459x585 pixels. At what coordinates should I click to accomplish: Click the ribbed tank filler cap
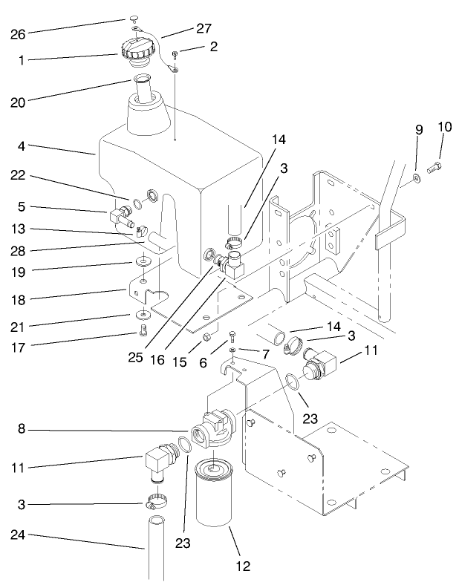tap(138, 52)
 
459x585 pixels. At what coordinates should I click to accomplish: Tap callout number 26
tap(16, 33)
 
